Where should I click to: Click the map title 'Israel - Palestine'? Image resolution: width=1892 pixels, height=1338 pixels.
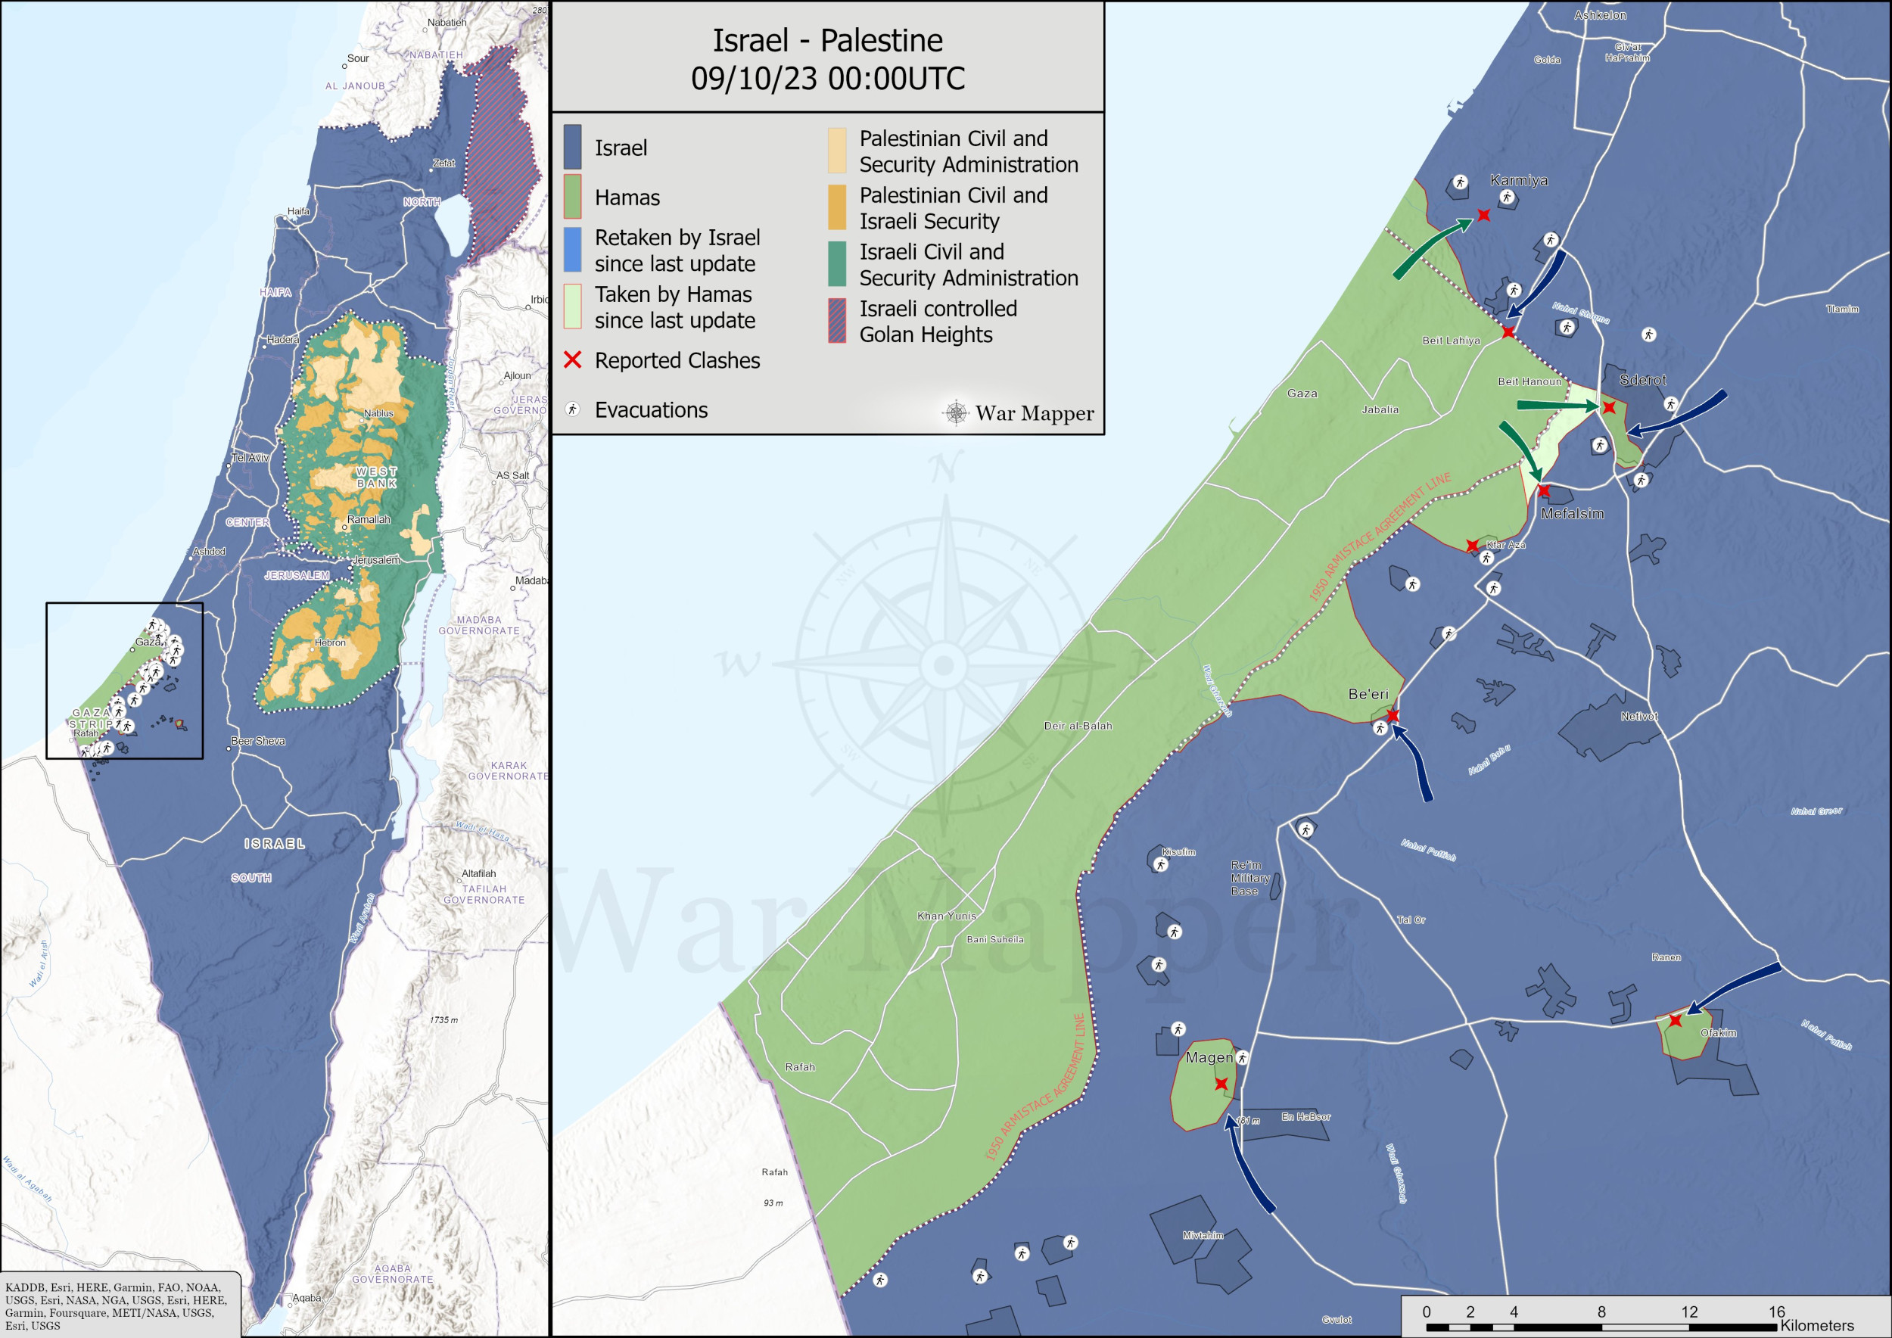coord(827,39)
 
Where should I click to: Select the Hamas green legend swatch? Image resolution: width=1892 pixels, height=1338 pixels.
coord(572,196)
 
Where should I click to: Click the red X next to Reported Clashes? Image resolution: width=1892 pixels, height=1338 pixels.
coord(572,360)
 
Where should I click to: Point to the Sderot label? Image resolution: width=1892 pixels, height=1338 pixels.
coord(1642,380)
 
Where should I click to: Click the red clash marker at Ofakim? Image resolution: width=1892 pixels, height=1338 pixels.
coord(1676,1020)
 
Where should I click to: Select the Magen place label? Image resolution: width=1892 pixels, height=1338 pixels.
coord(1209,1057)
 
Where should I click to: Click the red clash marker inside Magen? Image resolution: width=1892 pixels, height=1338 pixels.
coord(1221,1084)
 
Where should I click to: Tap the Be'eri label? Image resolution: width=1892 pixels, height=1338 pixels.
coord(1368,694)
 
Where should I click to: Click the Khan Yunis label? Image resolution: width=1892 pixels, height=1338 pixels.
coord(946,916)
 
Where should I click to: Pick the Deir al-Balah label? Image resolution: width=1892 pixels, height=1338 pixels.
coord(1077,726)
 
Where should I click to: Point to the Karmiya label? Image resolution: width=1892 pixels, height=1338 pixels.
coord(1518,180)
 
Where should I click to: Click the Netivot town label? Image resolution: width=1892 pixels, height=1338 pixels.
coord(1639,716)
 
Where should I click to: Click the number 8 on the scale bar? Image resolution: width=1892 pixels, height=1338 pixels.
coord(1601,1311)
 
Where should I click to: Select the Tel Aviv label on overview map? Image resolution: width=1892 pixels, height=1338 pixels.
coord(250,457)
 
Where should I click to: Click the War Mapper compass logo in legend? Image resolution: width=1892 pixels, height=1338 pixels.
coord(956,412)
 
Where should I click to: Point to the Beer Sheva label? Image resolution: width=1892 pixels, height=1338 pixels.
coord(257,741)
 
